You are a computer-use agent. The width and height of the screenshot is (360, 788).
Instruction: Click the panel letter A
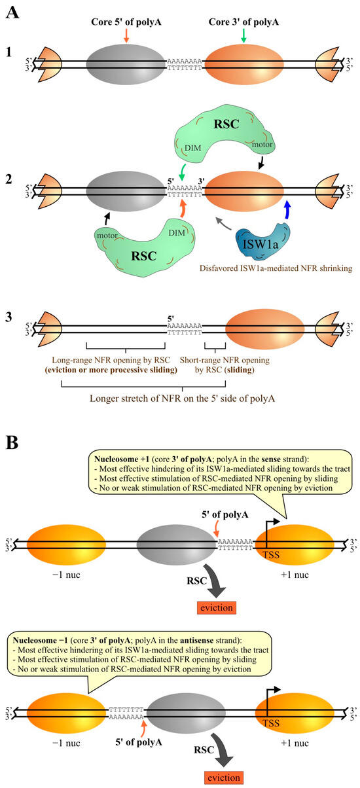tap(12, 12)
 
